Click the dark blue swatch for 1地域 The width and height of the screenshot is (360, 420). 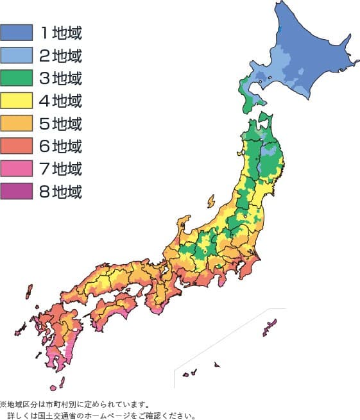[x=17, y=31]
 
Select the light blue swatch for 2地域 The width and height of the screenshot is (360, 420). [x=17, y=55]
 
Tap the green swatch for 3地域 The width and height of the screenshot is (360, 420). [x=17, y=78]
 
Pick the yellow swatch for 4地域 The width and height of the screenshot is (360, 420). [x=17, y=101]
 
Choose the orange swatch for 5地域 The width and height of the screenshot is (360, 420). [x=17, y=123]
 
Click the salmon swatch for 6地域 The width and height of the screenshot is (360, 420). [x=17, y=146]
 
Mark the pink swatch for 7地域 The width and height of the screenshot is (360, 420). [x=17, y=169]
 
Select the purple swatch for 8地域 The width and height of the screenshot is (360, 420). [x=17, y=191]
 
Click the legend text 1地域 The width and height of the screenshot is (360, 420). [x=60, y=31]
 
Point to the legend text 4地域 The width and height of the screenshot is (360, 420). [x=60, y=101]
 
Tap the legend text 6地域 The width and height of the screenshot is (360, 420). [x=60, y=146]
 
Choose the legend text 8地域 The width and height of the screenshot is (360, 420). [x=60, y=191]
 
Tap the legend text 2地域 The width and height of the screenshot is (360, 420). [x=60, y=55]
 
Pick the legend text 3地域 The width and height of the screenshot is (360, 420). [x=60, y=78]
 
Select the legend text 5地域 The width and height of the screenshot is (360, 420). [x=60, y=123]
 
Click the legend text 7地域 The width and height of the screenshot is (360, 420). [x=60, y=169]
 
